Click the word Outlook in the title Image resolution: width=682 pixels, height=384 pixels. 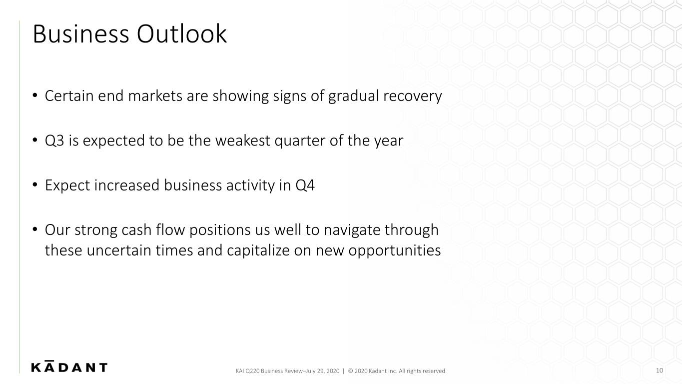[x=182, y=33]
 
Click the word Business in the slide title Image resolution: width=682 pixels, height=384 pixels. [x=81, y=33]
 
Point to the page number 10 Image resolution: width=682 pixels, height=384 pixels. [x=659, y=370]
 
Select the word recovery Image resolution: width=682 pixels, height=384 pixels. [x=413, y=97]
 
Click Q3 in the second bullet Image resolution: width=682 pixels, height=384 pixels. [x=54, y=141]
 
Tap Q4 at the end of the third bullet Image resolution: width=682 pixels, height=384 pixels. [x=305, y=185]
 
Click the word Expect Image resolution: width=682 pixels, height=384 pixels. [x=67, y=185]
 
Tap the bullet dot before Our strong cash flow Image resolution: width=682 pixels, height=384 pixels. [x=35, y=229]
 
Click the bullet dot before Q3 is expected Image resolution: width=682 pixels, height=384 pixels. [x=35, y=140]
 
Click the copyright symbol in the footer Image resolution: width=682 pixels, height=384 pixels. [x=350, y=371]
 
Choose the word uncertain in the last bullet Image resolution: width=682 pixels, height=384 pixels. [x=119, y=250]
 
